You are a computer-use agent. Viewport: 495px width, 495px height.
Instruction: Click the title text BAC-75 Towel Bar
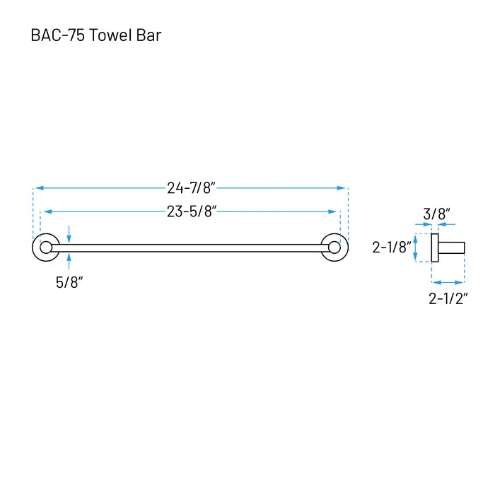[96, 35]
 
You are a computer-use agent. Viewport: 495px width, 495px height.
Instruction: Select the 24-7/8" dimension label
[192, 188]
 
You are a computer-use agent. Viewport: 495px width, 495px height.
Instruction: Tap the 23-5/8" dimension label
[192, 211]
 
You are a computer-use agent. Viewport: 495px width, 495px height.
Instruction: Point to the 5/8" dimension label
[69, 282]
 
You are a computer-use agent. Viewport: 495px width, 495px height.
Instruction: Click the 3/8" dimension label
[436, 214]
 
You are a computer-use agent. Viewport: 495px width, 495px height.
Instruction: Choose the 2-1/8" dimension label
[392, 248]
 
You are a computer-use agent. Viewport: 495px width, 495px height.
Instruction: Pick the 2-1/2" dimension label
[448, 298]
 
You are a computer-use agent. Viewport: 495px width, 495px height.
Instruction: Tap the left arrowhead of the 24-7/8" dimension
[40, 188]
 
